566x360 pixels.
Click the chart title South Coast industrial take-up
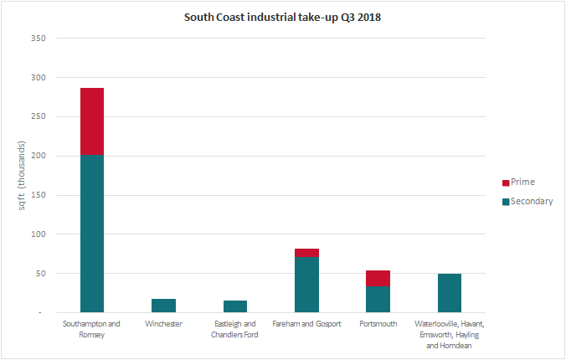(x=282, y=17)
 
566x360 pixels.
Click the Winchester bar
(x=163, y=306)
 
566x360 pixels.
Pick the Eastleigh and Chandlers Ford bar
(x=235, y=306)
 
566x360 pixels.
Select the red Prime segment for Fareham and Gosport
(x=306, y=253)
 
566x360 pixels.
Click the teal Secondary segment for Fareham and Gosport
(x=306, y=285)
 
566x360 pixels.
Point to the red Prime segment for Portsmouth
(x=378, y=278)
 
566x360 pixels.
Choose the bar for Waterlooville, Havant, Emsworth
(x=449, y=293)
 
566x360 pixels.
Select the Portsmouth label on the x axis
(x=378, y=324)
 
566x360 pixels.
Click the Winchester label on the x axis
(x=163, y=324)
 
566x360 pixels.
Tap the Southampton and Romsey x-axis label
(x=92, y=329)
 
